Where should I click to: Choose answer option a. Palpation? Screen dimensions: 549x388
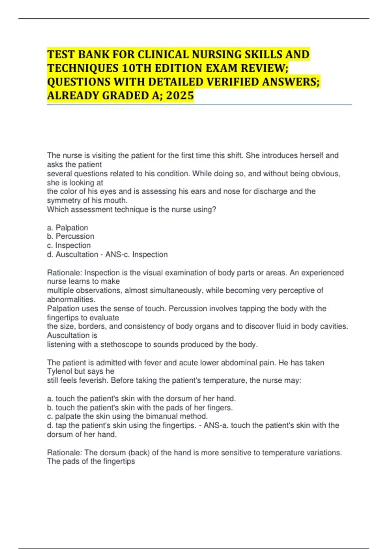67,228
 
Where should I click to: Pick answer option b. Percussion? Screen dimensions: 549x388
70,236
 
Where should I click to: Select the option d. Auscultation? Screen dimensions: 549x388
72,254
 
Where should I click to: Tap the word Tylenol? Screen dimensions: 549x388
59,371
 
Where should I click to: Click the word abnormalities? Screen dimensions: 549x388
71,299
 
